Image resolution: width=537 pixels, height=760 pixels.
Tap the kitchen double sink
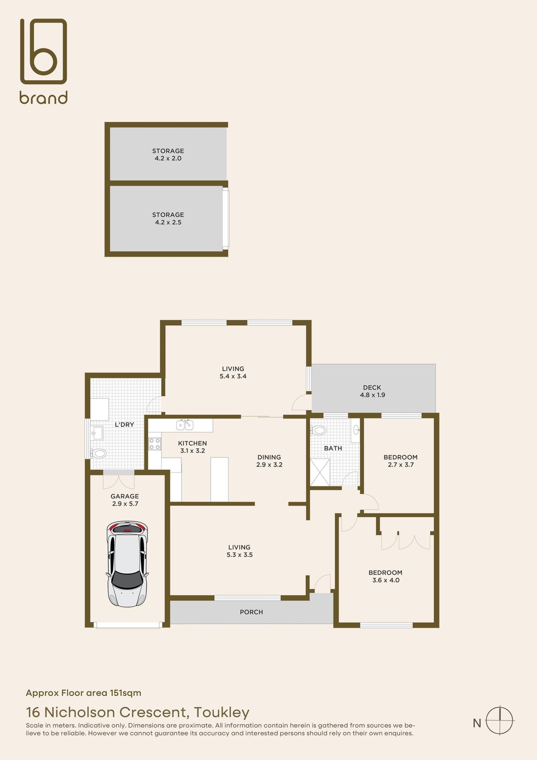185,424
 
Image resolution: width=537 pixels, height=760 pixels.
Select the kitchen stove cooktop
155,444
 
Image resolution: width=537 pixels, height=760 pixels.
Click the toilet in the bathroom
319,430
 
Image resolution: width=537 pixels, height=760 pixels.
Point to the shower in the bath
320,472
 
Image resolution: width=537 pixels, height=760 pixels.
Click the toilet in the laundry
98,453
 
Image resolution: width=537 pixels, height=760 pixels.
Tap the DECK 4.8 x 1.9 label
372,391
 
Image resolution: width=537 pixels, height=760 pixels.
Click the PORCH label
251,612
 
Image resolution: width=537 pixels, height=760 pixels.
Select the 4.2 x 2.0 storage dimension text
168,159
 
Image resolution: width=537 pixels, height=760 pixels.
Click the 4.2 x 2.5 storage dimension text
168,223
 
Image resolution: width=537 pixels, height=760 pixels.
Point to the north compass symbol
499,721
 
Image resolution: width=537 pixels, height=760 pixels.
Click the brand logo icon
43,52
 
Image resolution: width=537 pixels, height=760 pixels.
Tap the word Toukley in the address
222,712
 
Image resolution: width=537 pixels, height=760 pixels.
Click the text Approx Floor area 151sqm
83,693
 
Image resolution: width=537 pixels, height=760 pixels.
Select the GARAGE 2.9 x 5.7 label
125,500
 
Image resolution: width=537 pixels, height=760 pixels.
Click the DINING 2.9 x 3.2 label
269,461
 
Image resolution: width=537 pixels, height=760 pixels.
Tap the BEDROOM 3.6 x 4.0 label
385,576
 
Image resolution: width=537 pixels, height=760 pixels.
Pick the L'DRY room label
124,425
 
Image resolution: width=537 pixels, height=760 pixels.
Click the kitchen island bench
219,479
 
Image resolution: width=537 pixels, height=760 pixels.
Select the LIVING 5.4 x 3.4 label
233,373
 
